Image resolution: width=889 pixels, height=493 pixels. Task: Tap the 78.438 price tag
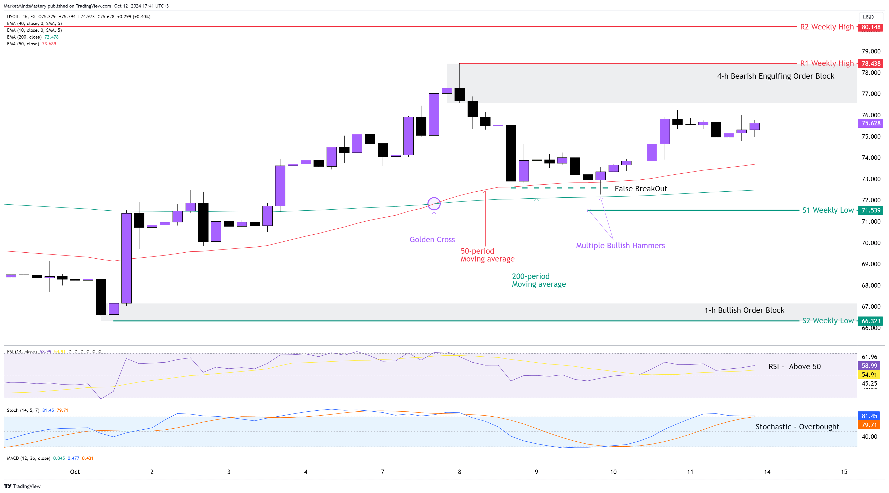click(871, 64)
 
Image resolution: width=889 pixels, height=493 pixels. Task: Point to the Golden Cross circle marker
click(434, 204)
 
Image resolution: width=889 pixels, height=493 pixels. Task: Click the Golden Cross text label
click(432, 240)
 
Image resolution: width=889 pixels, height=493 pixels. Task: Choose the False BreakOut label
click(641, 189)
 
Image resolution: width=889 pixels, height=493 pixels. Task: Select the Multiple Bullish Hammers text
click(620, 246)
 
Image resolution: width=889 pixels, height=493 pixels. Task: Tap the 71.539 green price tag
click(871, 210)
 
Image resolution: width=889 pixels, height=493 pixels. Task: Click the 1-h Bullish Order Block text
click(744, 310)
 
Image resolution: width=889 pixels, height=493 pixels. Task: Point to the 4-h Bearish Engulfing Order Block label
click(775, 76)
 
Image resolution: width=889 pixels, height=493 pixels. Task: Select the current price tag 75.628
click(871, 123)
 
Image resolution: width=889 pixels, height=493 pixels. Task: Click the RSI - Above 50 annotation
click(794, 367)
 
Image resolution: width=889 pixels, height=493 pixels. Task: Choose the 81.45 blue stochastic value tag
click(869, 416)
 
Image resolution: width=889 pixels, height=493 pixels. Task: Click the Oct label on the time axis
click(75, 472)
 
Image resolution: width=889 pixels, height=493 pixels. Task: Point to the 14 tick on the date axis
click(767, 472)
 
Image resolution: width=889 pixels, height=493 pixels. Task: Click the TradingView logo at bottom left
click(22, 486)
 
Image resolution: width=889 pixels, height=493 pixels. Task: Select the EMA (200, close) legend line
click(33, 37)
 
